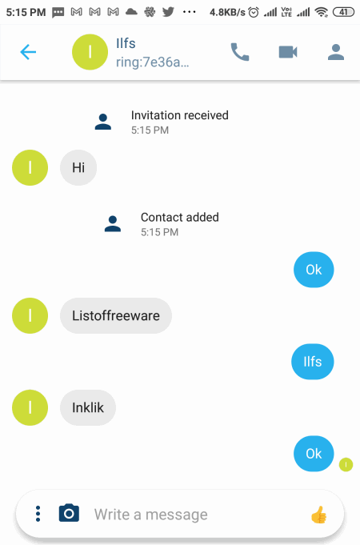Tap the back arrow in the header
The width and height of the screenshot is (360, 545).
click(28, 52)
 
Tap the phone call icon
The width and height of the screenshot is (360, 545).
click(240, 52)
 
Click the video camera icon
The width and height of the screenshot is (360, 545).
click(288, 52)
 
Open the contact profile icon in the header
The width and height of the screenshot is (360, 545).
click(336, 52)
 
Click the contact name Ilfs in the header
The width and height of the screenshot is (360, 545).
click(126, 43)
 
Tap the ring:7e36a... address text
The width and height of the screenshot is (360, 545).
click(153, 62)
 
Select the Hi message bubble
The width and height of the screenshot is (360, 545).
click(78, 167)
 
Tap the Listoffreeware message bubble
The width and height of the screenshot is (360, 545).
click(116, 315)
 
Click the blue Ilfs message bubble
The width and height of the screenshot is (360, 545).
click(312, 362)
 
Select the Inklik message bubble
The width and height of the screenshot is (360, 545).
click(88, 407)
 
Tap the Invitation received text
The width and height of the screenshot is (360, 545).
click(180, 115)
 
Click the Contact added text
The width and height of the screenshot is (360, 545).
click(180, 217)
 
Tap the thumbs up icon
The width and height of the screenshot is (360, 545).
click(318, 515)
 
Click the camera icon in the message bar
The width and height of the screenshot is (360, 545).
click(69, 513)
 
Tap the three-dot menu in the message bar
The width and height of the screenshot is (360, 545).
click(38, 514)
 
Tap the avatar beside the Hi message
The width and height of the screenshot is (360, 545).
click(30, 167)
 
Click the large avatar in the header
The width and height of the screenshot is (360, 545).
click(90, 52)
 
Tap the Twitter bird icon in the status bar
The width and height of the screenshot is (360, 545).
click(168, 12)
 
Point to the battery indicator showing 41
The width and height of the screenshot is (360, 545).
click(343, 12)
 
